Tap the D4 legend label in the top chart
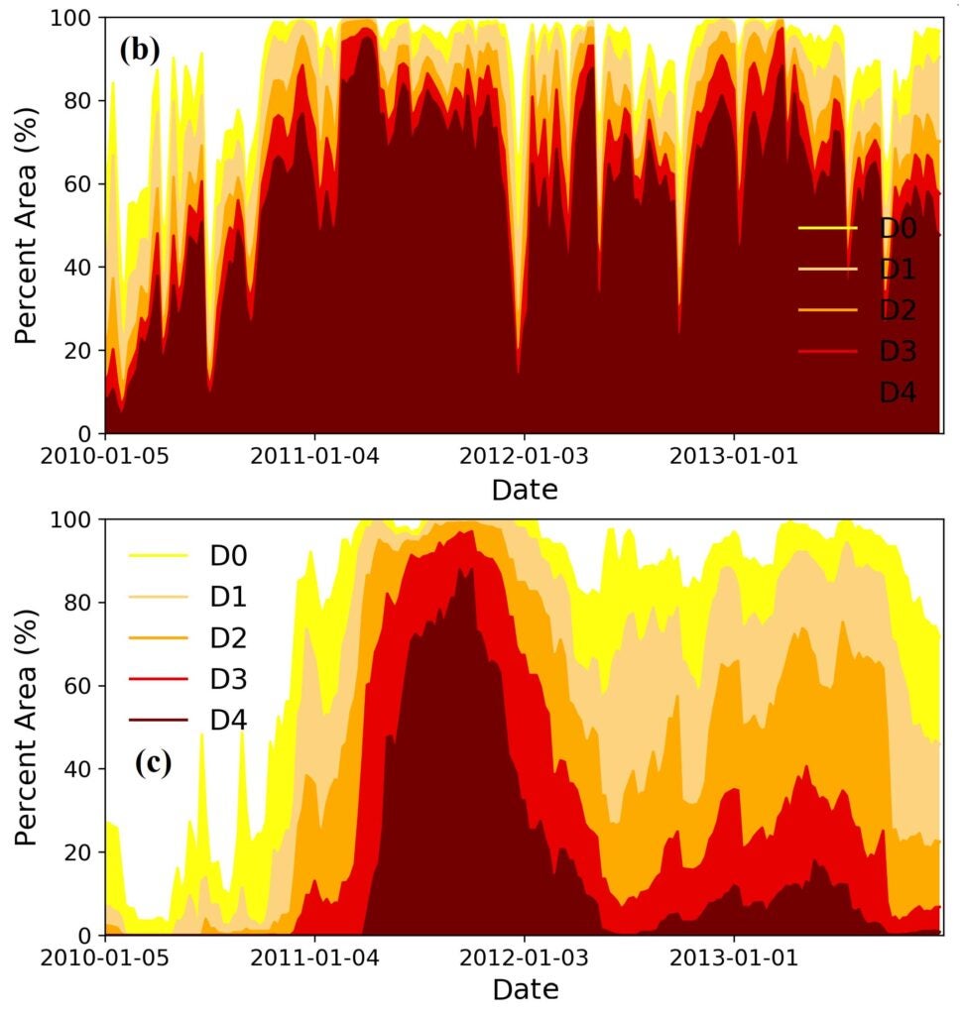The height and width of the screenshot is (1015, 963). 898,394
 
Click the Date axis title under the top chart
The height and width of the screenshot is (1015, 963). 525,489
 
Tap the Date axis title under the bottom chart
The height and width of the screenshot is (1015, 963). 525,989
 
